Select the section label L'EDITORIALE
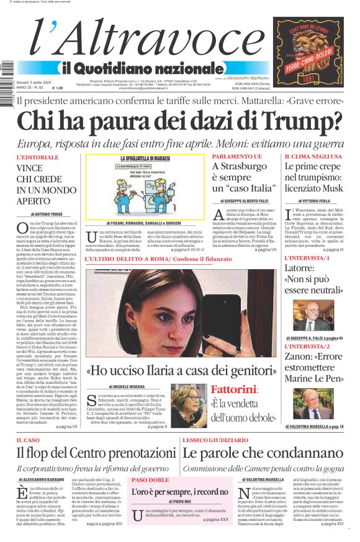coord(37,158)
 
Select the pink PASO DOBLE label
coord(150,479)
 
